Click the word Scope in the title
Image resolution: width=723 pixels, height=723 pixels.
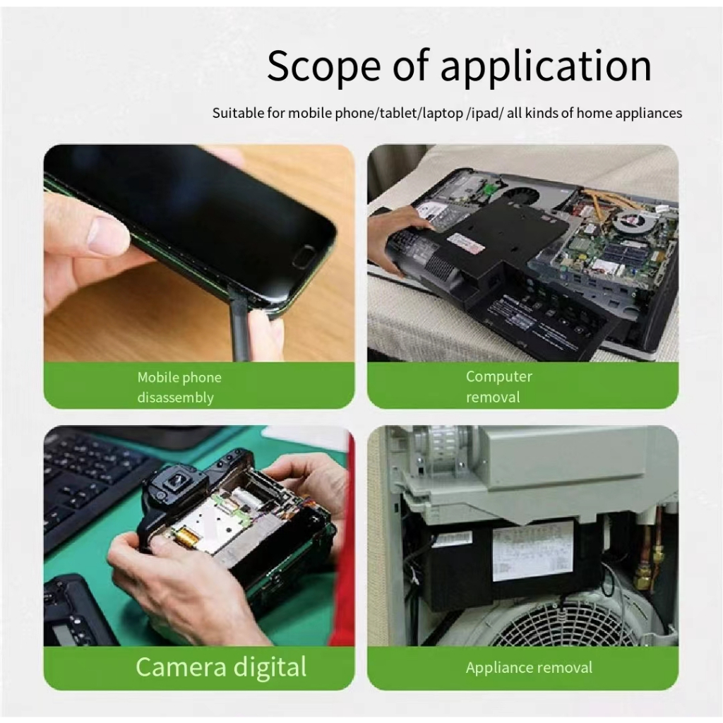coord(323,66)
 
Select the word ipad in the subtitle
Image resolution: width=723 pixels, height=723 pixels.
coord(485,114)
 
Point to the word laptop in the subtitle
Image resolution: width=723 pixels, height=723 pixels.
coord(442,114)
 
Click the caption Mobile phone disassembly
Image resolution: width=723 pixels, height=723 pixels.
coord(179,388)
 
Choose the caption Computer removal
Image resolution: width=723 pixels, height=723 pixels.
coord(499,386)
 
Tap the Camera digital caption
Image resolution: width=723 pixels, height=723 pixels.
coord(221,667)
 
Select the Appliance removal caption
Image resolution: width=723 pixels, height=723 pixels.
coord(529,668)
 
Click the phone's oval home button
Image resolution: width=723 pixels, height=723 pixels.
coord(303,256)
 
